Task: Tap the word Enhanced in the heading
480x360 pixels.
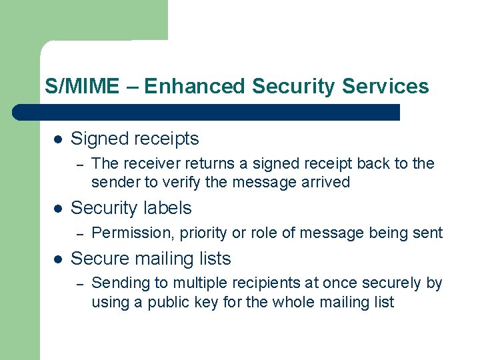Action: [x=195, y=87]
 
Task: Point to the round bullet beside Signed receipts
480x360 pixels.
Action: [x=58, y=139]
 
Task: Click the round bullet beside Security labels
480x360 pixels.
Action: [x=58, y=209]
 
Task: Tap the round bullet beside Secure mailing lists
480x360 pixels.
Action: [x=58, y=259]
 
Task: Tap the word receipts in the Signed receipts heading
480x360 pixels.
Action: [x=168, y=139]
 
